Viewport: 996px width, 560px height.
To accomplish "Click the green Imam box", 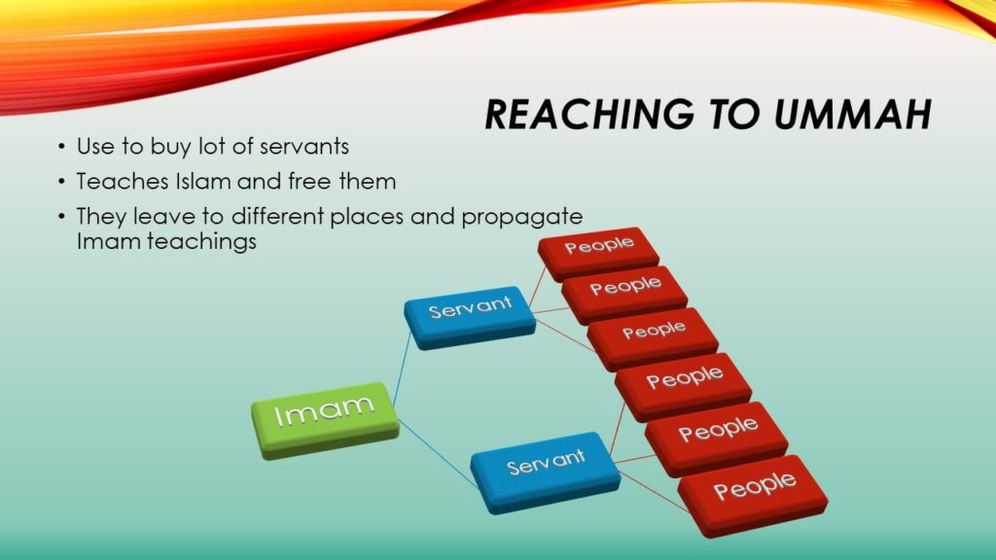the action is point(325,420).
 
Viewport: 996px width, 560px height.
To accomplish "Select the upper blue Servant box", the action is point(470,317).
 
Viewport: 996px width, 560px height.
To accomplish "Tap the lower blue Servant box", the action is point(545,472).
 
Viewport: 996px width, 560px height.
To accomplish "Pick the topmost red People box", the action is point(598,254).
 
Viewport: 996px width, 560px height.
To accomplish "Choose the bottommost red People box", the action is point(753,496).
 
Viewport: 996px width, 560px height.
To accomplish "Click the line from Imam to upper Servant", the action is point(403,368).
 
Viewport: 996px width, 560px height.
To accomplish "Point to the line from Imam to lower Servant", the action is point(438,453).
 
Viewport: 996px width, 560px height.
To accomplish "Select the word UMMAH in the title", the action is point(852,115).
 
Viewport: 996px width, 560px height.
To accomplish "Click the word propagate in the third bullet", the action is point(522,217).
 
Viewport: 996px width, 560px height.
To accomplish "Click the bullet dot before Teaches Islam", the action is point(61,183).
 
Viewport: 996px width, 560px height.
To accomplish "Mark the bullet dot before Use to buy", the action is point(61,148).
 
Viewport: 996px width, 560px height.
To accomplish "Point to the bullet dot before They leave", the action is point(61,218).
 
